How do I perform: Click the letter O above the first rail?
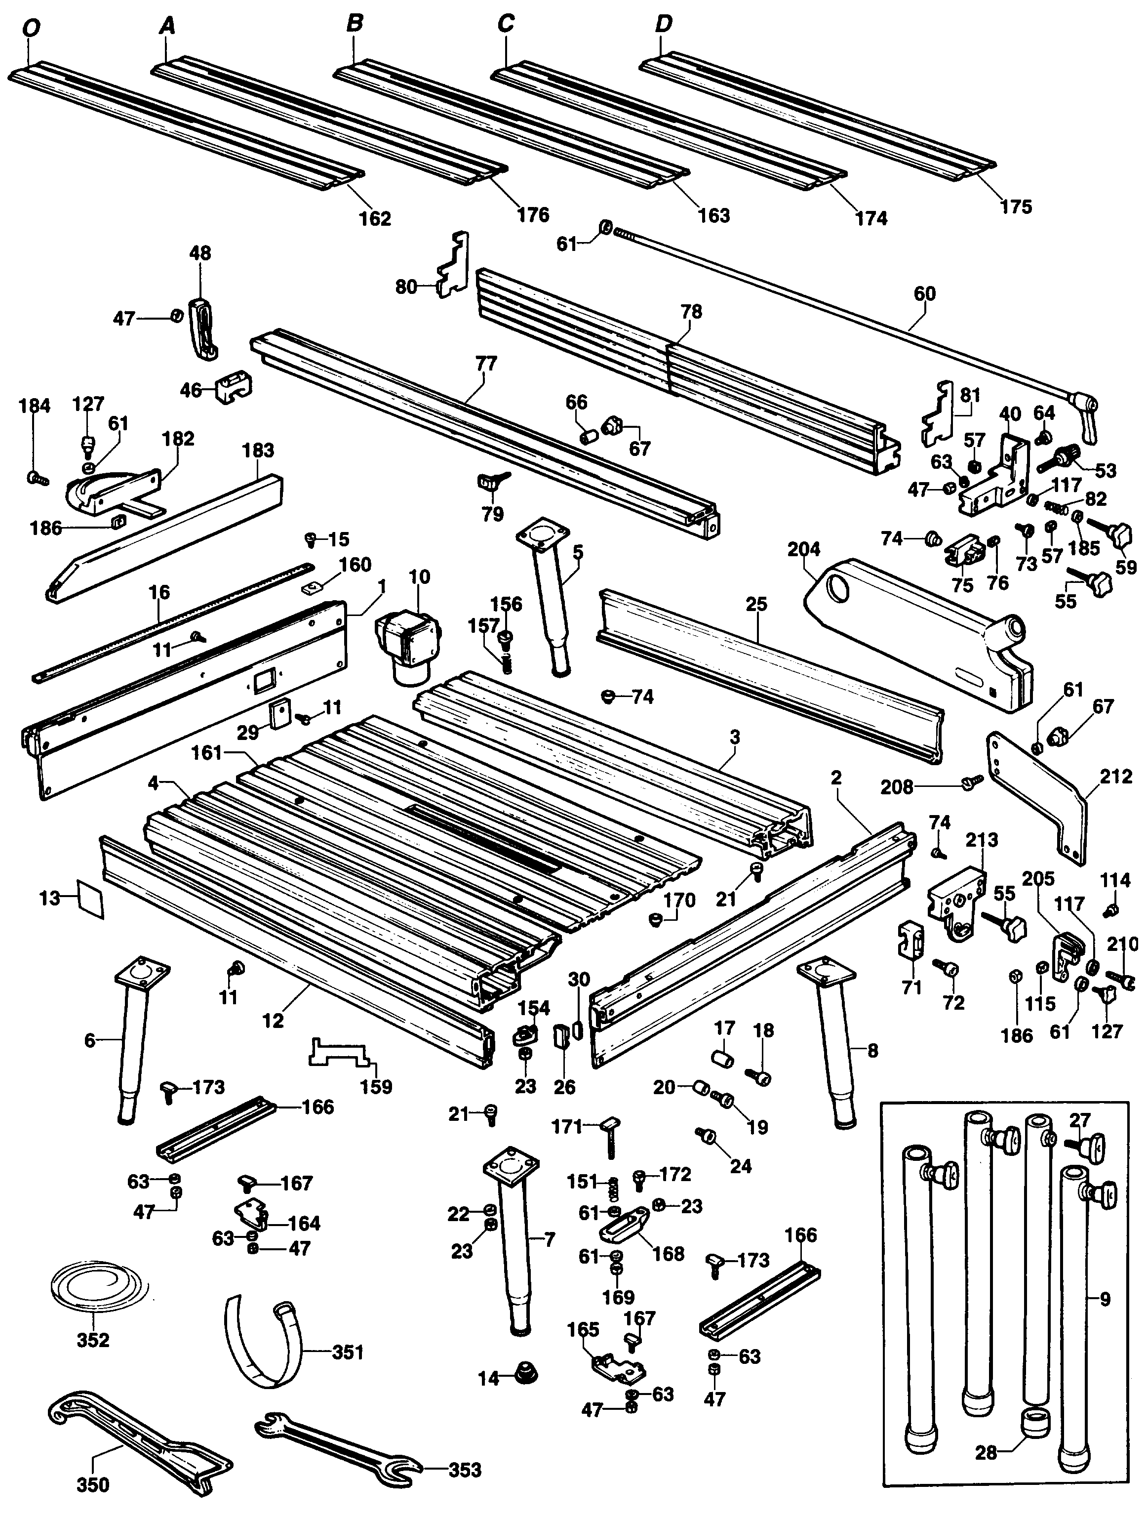(31, 28)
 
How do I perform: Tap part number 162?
(375, 218)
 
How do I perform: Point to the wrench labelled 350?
(137, 1462)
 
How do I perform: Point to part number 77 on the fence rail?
(486, 363)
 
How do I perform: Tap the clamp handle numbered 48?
(202, 328)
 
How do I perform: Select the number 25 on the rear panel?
(756, 605)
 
